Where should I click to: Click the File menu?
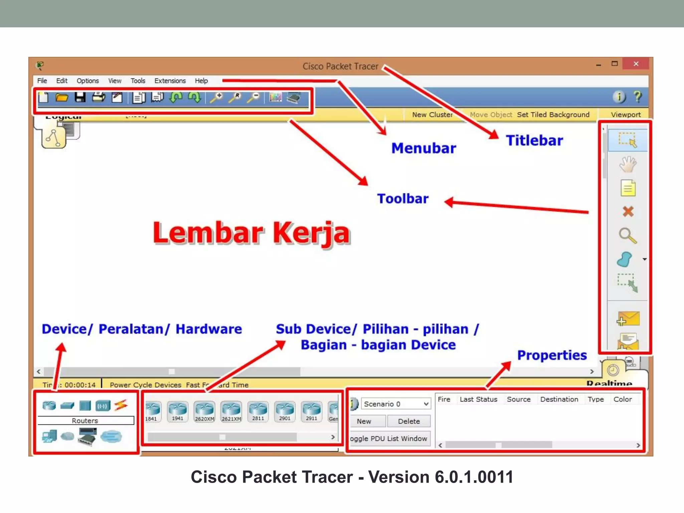pyautogui.click(x=42, y=81)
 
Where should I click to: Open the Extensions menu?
pyautogui.click(x=170, y=81)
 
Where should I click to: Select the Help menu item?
pyautogui.click(x=201, y=81)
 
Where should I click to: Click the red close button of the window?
pyautogui.click(x=636, y=64)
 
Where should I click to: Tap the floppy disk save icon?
pyautogui.click(x=80, y=98)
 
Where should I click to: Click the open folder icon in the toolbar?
pyautogui.click(x=62, y=98)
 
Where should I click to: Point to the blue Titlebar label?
pyautogui.click(x=534, y=141)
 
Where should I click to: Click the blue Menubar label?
pyautogui.click(x=423, y=148)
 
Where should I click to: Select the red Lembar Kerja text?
pyautogui.click(x=251, y=233)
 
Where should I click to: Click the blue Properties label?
pyautogui.click(x=552, y=355)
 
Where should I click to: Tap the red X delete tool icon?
pyautogui.click(x=628, y=211)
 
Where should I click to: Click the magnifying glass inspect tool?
pyautogui.click(x=628, y=235)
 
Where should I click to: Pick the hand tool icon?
pyautogui.click(x=628, y=164)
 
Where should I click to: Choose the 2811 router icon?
pyautogui.click(x=258, y=411)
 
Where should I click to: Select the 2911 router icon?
pyautogui.click(x=312, y=411)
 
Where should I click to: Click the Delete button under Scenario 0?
pyautogui.click(x=409, y=421)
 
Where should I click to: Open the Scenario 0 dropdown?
pyautogui.click(x=396, y=404)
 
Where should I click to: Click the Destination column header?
pyautogui.click(x=559, y=399)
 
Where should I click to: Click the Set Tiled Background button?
pyautogui.click(x=553, y=115)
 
